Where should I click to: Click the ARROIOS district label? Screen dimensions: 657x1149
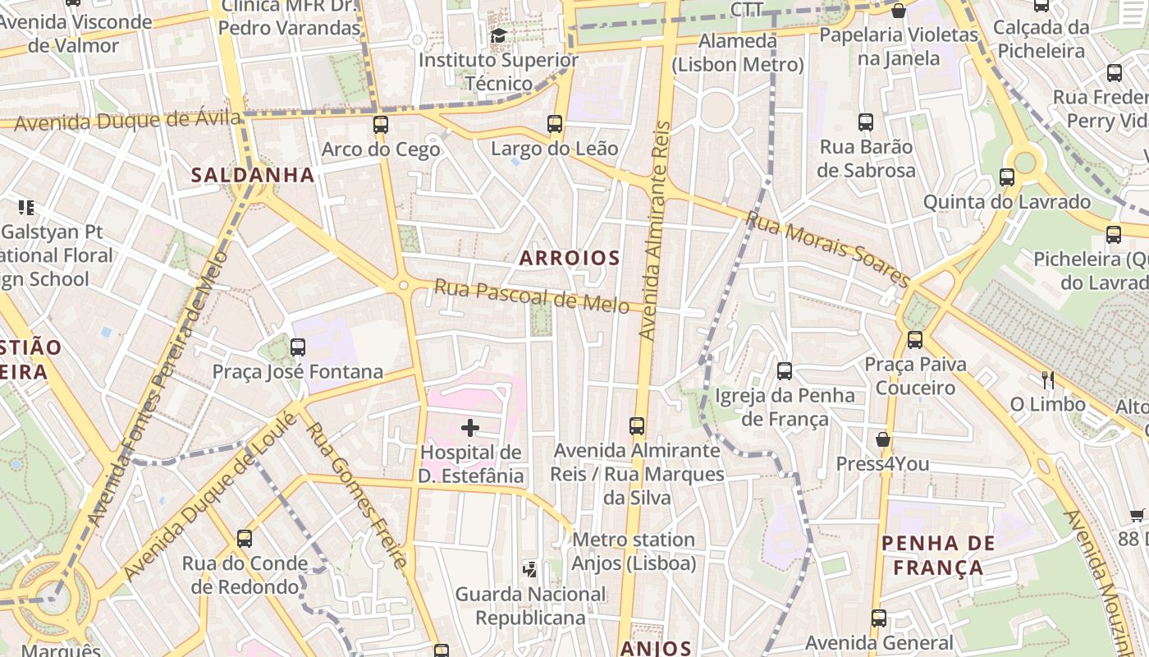pos(570,258)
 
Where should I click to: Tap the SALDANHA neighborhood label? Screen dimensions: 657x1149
pos(253,175)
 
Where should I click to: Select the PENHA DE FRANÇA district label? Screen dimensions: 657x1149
pos(938,555)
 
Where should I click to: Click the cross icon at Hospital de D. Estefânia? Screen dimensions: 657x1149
pos(470,427)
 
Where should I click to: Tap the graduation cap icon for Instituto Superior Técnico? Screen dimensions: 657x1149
pos(498,35)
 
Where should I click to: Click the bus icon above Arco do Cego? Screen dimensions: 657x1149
pos(380,125)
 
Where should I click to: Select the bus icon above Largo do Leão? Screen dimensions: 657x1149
pos(555,124)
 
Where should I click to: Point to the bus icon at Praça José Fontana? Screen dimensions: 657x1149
pos(298,347)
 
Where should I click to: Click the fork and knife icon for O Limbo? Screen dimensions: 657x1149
pos(1047,379)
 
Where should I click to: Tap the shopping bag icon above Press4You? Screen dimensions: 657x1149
pos(883,439)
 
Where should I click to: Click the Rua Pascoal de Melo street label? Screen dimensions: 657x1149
pos(532,296)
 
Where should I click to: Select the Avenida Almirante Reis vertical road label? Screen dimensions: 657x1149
pos(654,232)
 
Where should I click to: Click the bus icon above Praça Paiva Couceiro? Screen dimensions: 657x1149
pos(915,339)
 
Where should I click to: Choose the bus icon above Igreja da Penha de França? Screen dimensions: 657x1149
pos(785,370)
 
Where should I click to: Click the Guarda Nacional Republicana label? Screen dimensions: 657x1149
pos(530,605)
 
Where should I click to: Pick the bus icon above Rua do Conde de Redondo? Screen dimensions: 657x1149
pos(245,539)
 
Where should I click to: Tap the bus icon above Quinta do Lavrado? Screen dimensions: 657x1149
pos(1007,177)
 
